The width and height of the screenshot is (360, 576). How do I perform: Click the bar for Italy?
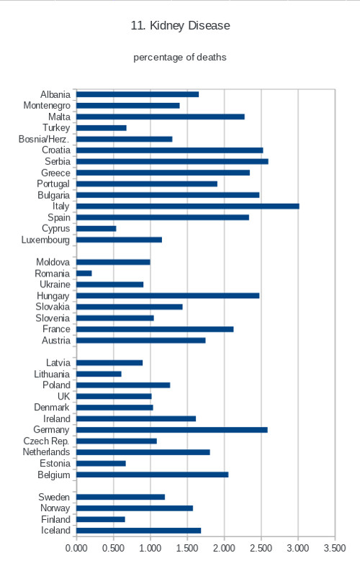click(188, 207)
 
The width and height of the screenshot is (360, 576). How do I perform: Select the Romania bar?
click(84, 274)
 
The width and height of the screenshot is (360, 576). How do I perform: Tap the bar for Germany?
click(172, 430)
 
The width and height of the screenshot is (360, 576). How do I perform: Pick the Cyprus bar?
click(96, 229)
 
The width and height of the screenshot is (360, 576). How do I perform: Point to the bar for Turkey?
click(102, 128)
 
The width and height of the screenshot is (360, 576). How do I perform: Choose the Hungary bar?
click(168, 296)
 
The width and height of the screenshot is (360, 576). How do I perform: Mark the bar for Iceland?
click(139, 531)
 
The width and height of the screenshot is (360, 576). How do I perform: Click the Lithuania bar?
click(99, 374)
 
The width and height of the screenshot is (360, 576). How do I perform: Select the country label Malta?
click(59, 117)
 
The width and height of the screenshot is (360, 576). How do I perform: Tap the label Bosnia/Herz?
click(44, 139)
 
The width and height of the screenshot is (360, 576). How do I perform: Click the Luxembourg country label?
click(45, 240)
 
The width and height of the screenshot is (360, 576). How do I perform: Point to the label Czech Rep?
click(46, 441)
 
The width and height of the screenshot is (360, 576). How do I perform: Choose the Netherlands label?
click(46, 452)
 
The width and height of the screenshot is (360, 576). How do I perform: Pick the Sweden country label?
click(54, 497)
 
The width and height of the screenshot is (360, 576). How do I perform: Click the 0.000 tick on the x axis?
click(76, 548)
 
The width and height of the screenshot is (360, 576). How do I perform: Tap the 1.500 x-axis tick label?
click(187, 548)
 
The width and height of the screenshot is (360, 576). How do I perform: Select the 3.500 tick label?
click(335, 548)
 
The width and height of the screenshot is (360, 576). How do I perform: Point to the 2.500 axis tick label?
click(261, 548)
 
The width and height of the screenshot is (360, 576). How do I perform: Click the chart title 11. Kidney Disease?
click(181, 26)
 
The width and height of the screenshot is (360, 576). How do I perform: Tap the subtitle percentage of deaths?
click(179, 58)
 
